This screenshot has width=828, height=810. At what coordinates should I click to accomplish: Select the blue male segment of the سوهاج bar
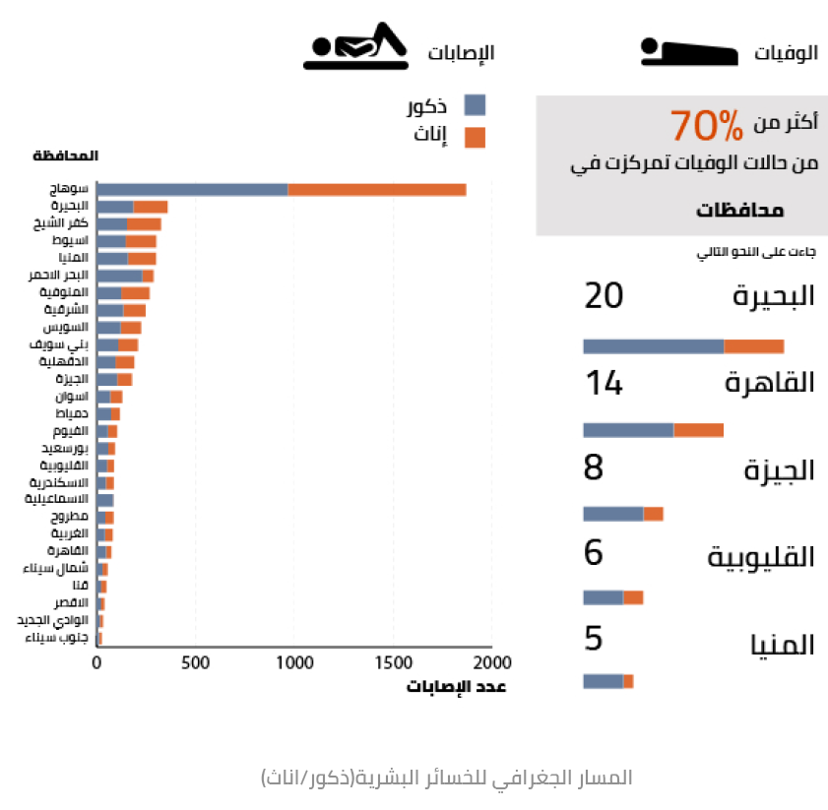192,189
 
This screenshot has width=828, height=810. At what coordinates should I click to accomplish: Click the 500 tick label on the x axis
195,661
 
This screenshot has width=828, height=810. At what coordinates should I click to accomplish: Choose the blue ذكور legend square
475,105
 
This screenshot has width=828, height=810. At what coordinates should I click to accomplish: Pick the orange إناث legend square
475,137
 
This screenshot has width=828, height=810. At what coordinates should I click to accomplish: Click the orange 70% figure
706,125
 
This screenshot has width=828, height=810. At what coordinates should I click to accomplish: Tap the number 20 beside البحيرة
604,296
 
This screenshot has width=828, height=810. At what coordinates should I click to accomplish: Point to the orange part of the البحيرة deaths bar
753,345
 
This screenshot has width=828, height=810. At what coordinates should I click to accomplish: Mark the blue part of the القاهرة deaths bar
628,429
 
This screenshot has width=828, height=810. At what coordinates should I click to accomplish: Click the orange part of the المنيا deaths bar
628,681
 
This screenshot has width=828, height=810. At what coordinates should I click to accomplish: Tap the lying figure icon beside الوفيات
688,51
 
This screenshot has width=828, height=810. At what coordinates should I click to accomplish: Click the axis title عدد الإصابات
456,687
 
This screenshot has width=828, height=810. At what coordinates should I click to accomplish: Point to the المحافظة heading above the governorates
66,156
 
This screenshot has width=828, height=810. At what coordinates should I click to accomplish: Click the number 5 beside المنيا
593,639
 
